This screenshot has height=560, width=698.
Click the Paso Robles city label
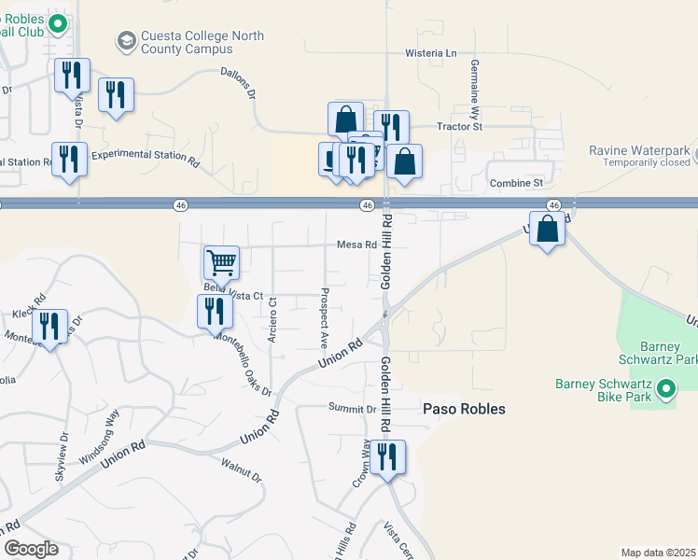click(x=464, y=409)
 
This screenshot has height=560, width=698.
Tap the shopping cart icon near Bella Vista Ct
click(x=221, y=263)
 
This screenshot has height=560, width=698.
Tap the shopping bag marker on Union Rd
click(x=548, y=229)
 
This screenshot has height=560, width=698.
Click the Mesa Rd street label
click(x=357, y=245)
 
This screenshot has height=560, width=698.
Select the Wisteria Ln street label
click(x=431, y=53)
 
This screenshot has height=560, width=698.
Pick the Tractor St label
click(x=459, y=126)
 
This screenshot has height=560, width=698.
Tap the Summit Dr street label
click(x=352, y=408)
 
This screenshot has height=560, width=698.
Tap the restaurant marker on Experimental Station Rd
click(x=70, y=159)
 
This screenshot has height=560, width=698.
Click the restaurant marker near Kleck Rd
click(x=49, y=327)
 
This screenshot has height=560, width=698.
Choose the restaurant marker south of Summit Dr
click(x=386, y=458)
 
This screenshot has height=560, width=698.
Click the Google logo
click(x=31, y=549)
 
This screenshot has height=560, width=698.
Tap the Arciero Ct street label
click(x=272, y=319)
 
